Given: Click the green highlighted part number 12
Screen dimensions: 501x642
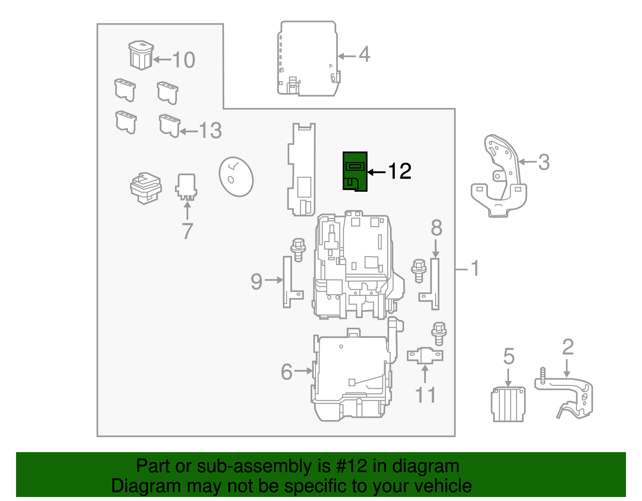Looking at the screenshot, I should point(355,171).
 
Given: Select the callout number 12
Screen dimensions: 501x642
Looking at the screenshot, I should point(400,172).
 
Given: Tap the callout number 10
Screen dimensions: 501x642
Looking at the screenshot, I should point(184,60).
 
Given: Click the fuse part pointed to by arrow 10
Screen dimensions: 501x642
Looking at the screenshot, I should point(141,55).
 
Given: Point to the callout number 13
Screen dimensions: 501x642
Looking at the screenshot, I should point(210,131).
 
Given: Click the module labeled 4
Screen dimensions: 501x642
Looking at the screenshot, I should point(307,59).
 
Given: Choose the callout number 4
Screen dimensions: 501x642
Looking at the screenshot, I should point(364,55).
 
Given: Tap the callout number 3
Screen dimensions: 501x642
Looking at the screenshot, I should point(544,162).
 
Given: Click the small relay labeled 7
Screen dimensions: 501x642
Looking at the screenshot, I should point(186,187).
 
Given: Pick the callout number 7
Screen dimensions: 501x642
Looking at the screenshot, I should point(187,231).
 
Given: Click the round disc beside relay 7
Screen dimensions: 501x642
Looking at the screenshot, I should point(236,176).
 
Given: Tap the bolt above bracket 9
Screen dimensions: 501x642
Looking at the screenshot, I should point(298,249).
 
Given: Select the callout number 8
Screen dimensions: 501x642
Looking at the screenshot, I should point(436,228).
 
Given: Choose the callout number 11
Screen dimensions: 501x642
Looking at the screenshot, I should point(425,396).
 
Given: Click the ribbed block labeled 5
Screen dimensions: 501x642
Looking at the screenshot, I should point(508,404).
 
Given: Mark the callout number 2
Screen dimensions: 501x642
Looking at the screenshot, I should point(568,347).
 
